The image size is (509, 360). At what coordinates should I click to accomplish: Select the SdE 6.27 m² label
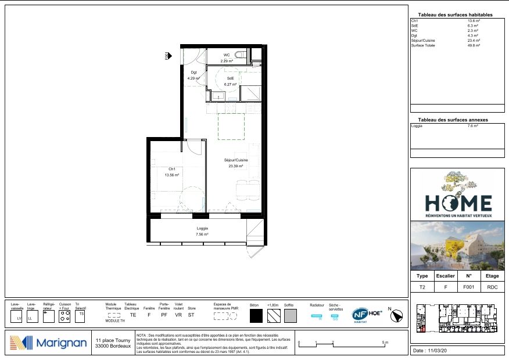coord(231,81)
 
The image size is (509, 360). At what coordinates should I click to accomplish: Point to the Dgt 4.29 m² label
coord(193,75)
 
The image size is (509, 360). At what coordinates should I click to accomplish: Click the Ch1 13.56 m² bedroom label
coord(171,172)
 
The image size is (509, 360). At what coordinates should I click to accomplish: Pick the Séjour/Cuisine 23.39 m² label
coord(236,163)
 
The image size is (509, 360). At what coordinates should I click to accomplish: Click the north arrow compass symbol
coord(397,316)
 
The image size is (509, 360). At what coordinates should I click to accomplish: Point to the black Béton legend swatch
coord(256,316)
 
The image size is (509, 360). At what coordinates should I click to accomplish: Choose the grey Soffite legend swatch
coord(291,316)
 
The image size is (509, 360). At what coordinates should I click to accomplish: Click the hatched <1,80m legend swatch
coord(273,316)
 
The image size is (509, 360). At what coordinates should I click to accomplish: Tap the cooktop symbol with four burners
coord(65,316)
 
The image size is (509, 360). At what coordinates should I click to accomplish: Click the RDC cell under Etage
coord(492,286)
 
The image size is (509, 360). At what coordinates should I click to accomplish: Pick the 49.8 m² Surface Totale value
coord(474,45)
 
